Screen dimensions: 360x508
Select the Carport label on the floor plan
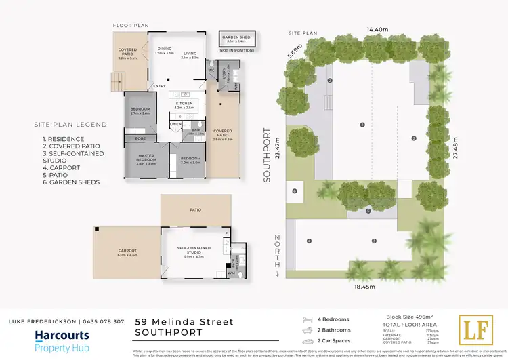pyautogui.click(x=127, y=252)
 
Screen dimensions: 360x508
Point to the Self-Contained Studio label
pyautogui.click(x=194, y=249)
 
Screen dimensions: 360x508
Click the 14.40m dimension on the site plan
pyautogui.click(x=377, y=30)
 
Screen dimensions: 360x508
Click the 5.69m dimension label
pyautogui.click(x=292, y=52)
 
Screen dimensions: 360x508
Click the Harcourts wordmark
pyautogui.click(x=62, y=335)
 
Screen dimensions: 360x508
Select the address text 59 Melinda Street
pyautogui.click(x=184, y=321)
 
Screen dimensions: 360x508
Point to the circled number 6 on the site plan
pyautogui.click(x=295, y=191)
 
